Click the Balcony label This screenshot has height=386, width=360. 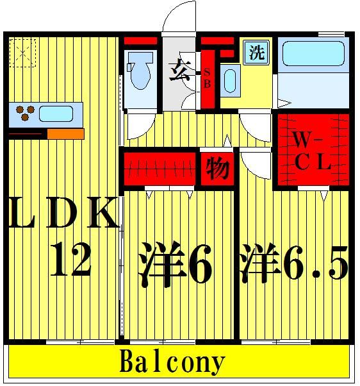coord(172,363)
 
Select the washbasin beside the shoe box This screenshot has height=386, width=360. coord(230,81)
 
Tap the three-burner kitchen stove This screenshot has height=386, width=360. coord(25,113)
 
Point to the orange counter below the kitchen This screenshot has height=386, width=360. coord(65,134)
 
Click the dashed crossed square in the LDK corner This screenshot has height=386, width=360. coord(24,53)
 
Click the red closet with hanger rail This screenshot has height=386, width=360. coord(159,168)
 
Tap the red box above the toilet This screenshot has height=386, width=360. coord(140,42)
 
